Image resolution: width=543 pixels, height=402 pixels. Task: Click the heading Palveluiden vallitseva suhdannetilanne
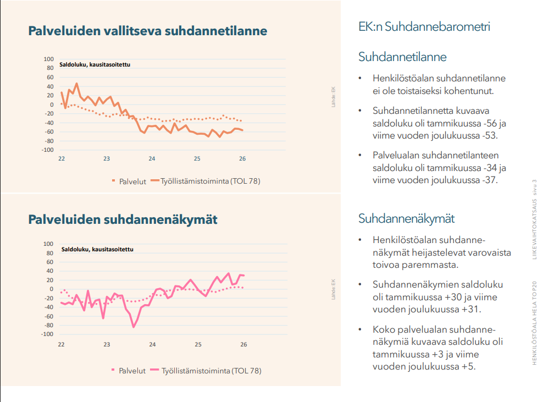(147, 31)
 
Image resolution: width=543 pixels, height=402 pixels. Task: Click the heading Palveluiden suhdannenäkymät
(123, 219)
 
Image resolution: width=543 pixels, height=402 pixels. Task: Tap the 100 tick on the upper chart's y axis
(48, 59)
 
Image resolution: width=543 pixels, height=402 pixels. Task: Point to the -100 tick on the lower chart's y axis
(47, 334)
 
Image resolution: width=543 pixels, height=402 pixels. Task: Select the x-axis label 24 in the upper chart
(152, 159)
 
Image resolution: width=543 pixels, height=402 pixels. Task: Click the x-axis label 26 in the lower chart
(243, 344)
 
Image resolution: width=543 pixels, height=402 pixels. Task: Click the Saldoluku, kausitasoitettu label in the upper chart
(95, 65)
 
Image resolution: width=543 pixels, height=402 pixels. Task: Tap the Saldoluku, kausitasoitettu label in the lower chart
(97, 249)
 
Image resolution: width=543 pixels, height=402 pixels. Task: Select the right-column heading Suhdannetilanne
(402, 57)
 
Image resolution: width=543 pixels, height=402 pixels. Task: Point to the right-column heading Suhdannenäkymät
(406, 219)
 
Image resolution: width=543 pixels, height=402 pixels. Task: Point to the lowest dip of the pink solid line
(133, 327)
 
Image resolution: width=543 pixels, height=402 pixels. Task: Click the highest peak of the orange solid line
(77, 84)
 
